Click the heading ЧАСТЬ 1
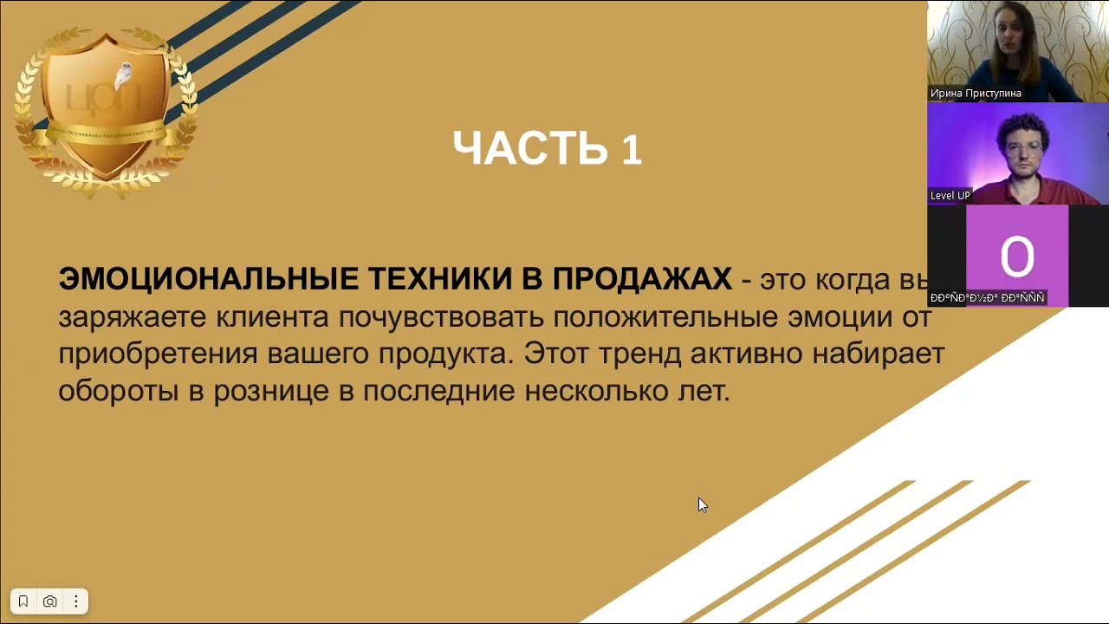tap(547, 148)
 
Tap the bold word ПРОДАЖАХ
tap(642, 279)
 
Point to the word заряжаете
tap(133, 317)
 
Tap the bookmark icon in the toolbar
tap(23, 601)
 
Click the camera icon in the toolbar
tap(50, 601)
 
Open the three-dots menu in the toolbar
tap(76, 601)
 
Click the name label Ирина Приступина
tap(976, 93)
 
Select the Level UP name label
tap(950, 195)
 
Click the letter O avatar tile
tap(1016, 255)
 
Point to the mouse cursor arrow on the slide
tap(702, 505)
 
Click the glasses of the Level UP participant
tap(1024, 148)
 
